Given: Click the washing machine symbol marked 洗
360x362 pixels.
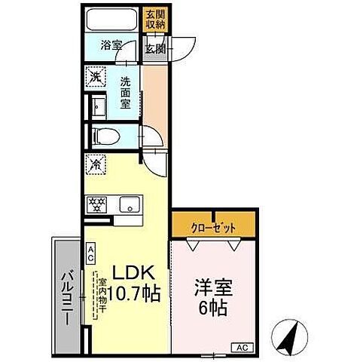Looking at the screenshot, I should pyautogui.click(x=96, y=76).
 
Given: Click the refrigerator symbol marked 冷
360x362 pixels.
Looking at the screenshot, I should pyautogui.click(x=96, y=163).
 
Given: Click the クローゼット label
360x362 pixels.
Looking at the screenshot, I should pyautogui.click(x=213, y=225).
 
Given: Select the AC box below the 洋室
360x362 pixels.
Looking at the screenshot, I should pyautogui.click(x=243, y=348).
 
